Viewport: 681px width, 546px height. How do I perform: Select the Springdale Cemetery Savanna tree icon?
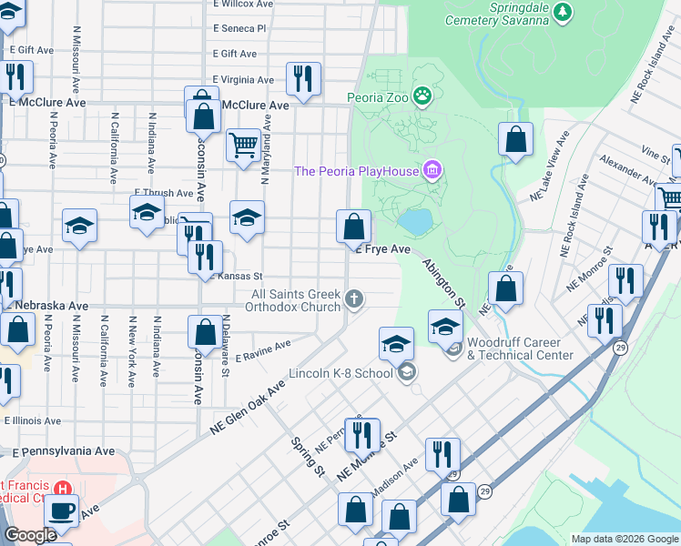click(x=564, y=11)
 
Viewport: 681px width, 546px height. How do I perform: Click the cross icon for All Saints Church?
click(x=354, y=298)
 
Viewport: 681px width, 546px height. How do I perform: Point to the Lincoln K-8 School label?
click(x=340, y=373)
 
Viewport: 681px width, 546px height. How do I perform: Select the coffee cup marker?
click(x=62, y=511)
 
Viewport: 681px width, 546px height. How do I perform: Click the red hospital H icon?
click(x=62, y=490)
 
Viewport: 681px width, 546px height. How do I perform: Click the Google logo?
click(x=30, y=535)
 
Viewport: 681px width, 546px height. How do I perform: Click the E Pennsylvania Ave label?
click(x=64, y=450)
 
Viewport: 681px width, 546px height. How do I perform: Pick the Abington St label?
click(x=443, y=281)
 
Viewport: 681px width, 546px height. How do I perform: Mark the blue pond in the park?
click(x=414, y=221)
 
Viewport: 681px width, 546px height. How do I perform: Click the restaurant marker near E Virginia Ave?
click(x=302, y=78)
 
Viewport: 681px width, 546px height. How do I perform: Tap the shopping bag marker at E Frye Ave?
click(x=353, y=225)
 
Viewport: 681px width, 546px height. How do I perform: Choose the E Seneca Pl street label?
click(x=239, y=29)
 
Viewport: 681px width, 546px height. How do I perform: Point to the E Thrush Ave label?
click(x=164, y=193)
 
